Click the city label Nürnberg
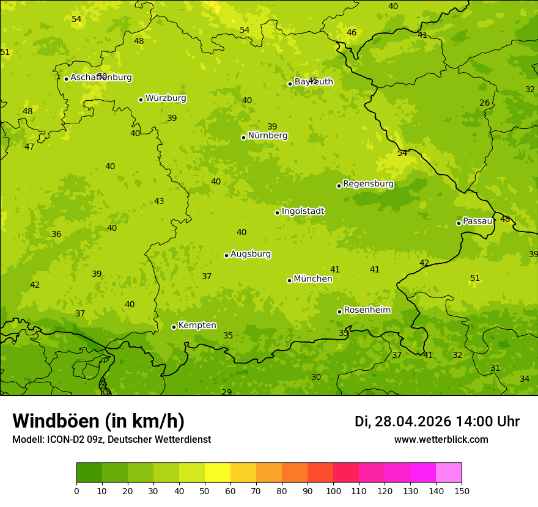tap(267, 136)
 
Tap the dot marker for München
tap(289, 280)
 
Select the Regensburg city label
tap(368, 184)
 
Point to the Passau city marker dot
tap(459, 223)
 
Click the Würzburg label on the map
tap(166, 98)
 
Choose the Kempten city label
tap(197, 326)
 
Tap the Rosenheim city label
tap(367, 310)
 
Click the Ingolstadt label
tap(303, 211)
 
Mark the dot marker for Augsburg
tap(226, 255)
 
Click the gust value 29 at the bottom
tap(226, 392)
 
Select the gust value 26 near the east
tap(484, 103)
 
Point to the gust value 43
tap(159, 201)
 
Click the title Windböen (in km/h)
tap(98, 421)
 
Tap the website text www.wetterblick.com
tap(441, 439)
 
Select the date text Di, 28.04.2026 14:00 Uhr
tap(437, 421)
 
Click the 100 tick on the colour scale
tap(333, 490)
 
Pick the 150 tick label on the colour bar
tap(462, 490)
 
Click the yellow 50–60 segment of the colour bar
tap(218, 473)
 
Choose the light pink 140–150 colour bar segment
tap(449, 473)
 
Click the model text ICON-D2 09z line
tap(111, 439)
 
